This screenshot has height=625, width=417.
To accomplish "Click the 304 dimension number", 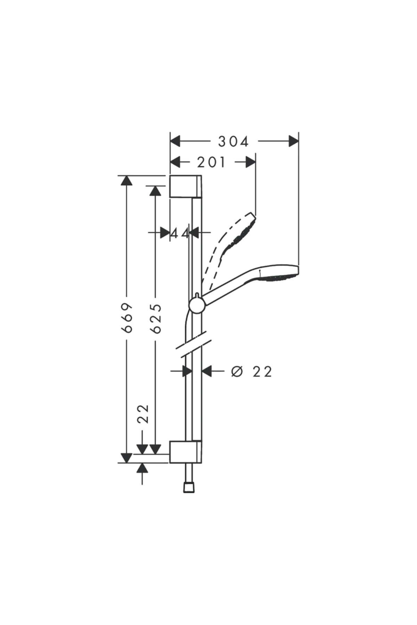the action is click(233, 141).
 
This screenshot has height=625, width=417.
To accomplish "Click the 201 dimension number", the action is click(211, 162).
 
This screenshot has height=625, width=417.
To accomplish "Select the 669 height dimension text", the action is click(128, 317).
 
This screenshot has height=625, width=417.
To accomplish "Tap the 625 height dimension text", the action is click(156, 318).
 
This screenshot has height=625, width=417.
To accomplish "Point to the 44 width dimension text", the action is click(180, 233).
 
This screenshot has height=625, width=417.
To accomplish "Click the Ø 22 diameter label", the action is click(252, 372).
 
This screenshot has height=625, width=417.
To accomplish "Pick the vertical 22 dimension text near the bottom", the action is click(143, 414).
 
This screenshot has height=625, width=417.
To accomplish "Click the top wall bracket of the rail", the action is click(185, 186).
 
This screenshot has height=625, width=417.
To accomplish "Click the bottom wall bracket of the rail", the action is click(185, 452).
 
